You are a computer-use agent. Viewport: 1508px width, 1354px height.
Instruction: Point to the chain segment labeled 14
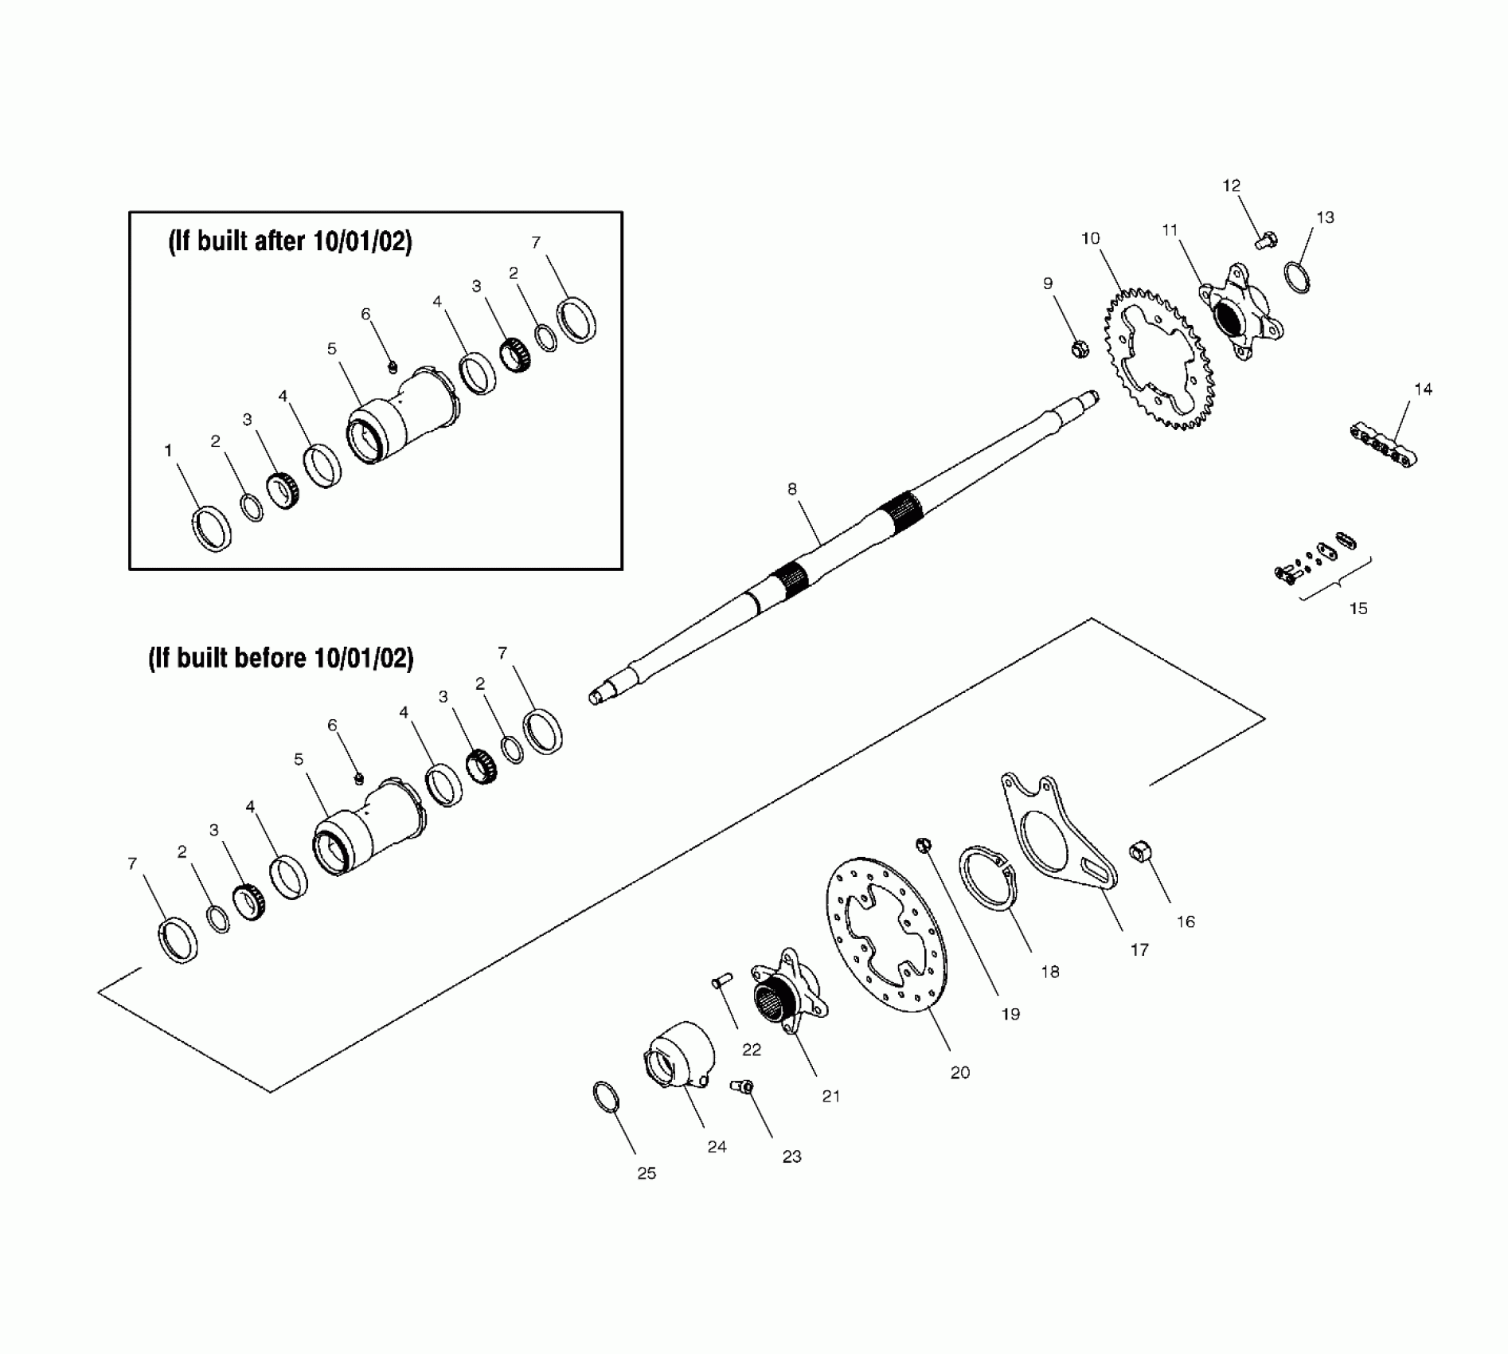pos(1385,446)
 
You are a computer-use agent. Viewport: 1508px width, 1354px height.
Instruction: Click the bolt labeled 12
pos(1266,238)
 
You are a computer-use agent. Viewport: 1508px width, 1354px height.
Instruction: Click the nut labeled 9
pos(1079,348)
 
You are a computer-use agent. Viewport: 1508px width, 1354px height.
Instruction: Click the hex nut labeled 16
pos(1139,852)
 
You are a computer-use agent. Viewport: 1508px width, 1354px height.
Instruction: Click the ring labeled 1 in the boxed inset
pos(212,527)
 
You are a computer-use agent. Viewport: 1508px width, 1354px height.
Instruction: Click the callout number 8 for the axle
pos(792,489)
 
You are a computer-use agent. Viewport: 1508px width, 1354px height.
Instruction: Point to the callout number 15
pos(1358,609)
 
